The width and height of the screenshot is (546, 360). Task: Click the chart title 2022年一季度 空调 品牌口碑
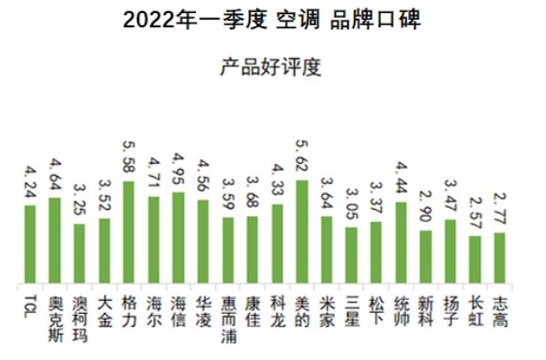[x=272, y=20]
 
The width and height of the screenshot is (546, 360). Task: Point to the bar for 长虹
[x=476, y=261]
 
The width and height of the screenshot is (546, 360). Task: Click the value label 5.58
[x=129, y=160]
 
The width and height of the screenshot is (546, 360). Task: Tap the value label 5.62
[x=302, y=158]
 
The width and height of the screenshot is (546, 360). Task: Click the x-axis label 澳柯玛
[x=80, y=316]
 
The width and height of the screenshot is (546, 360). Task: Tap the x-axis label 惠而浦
[x=228, y=316]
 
